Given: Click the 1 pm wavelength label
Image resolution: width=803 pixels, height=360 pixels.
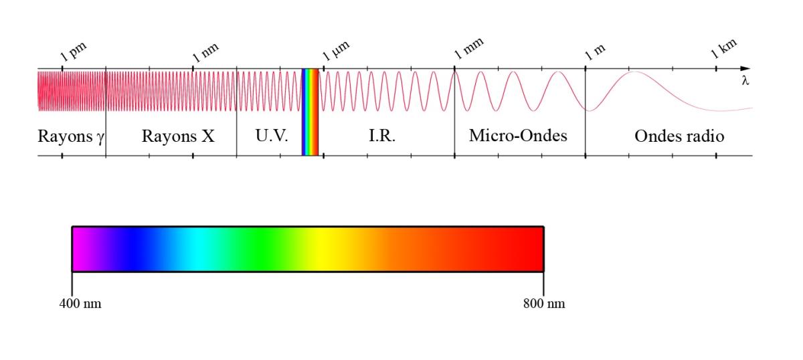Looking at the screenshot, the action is coord(74,52).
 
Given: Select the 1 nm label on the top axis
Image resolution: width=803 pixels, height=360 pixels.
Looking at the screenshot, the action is coord(205,53).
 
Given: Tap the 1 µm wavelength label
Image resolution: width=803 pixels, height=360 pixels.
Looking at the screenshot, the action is coord(336,51).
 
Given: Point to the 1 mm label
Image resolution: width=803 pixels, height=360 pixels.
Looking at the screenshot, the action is coord(469,48).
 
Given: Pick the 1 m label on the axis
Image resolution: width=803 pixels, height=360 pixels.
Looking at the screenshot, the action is coord(595,53).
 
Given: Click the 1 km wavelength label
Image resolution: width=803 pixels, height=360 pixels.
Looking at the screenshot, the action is coord(724,49).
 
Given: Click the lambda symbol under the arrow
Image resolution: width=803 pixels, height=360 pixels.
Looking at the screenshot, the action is coord(745,80).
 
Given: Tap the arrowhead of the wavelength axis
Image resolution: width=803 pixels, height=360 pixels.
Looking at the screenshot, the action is coord(745,68).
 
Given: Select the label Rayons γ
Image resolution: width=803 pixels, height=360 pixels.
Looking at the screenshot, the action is coord(71,137).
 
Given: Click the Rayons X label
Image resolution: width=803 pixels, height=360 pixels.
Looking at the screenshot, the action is coord(178,137).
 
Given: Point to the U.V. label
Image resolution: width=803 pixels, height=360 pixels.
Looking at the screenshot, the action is coord(272,136).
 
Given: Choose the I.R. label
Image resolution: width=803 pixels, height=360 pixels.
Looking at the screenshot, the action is coord(382,136).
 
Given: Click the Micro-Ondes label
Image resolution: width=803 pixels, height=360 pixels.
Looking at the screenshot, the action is coord(518,136).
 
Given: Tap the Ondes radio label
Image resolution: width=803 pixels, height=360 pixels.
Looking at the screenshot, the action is coord(679,137).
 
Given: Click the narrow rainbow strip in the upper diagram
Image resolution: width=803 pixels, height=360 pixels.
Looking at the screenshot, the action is coord(310,112).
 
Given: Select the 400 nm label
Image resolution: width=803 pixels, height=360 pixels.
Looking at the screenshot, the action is coord(80,304).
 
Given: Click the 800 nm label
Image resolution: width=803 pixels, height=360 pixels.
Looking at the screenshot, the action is coord(544,304).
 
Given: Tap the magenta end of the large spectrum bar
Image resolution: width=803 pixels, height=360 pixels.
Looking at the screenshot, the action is coord(80,249).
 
